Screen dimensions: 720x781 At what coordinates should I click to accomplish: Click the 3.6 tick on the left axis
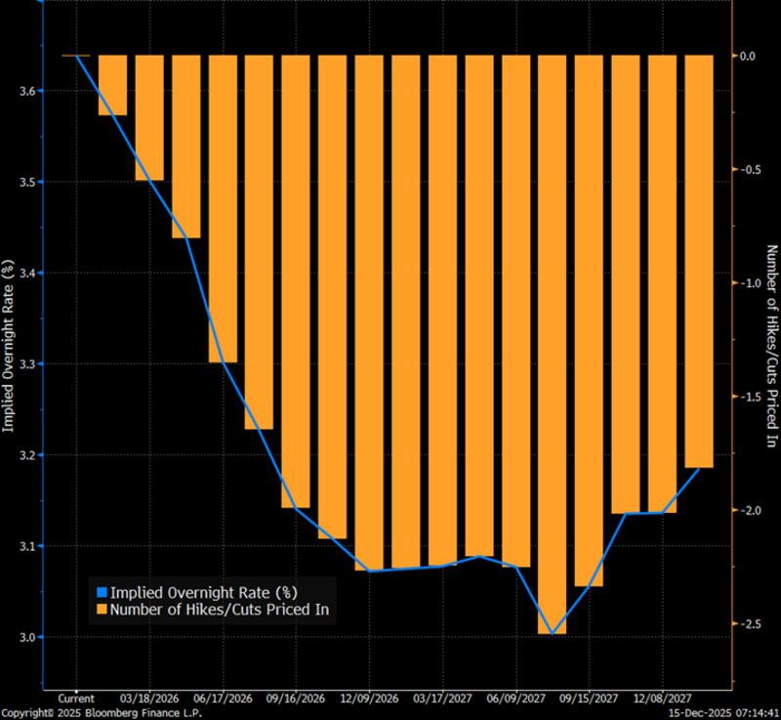(25, 92)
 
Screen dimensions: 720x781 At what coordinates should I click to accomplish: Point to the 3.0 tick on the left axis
(25, 637)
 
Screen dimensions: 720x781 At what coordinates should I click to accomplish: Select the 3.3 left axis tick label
(25, 364)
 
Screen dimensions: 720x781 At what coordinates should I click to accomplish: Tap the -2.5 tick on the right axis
(750, 622)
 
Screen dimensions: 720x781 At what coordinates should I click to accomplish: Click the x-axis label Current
(76, 699)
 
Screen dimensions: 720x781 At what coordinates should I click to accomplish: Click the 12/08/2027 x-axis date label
(663, 699)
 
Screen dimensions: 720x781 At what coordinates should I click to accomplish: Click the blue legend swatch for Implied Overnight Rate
(101, 592)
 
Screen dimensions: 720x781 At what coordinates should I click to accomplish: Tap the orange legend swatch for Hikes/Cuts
(101, 611)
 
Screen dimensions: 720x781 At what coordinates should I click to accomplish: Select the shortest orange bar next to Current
(113, 86)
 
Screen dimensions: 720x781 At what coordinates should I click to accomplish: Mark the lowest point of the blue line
(553, 634)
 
